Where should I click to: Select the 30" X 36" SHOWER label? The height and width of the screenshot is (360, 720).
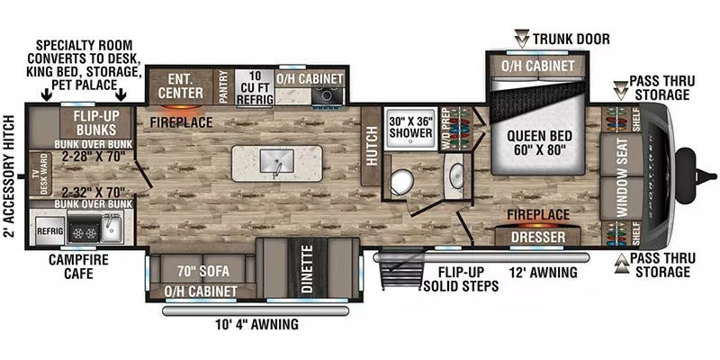click(x=409, y=128)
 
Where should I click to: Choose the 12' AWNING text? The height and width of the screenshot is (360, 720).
click(x=538, y=270)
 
